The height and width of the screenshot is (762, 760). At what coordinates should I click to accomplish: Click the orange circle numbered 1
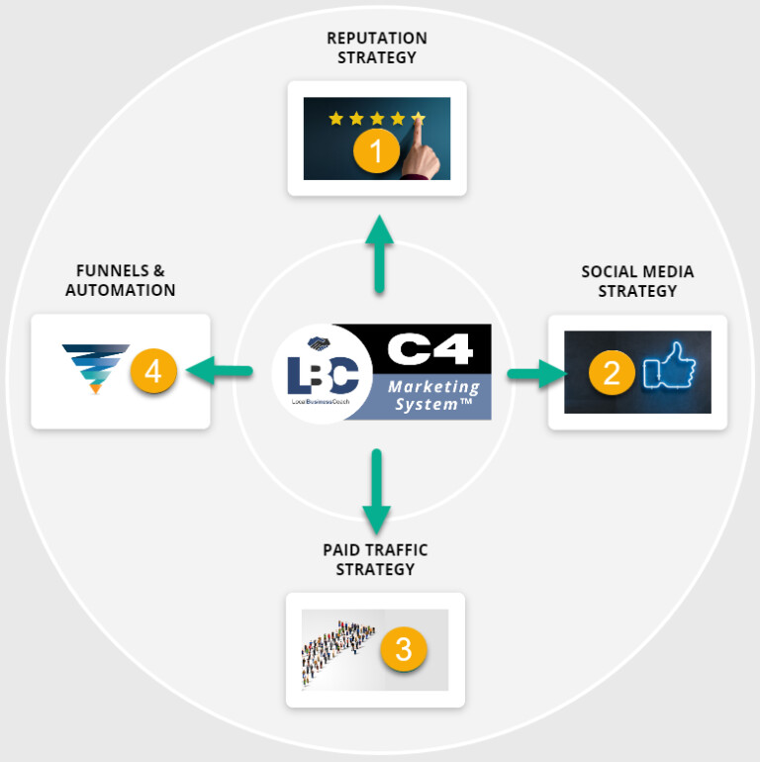point(376,151)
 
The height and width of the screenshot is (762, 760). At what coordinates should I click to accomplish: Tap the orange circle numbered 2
point(612,372)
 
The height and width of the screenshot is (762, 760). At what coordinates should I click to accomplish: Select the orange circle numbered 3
point(403,649)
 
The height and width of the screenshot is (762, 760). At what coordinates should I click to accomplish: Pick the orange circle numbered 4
point(152,372)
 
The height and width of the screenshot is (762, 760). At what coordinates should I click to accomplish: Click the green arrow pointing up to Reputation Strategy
point(378,255)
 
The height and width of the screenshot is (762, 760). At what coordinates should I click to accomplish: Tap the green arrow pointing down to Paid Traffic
point(376,491)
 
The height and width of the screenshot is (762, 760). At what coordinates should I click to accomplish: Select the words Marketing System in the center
point(433,396)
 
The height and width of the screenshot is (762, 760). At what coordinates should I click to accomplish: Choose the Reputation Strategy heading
point(377,48)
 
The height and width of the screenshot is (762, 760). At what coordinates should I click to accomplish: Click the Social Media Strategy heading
point(637,281)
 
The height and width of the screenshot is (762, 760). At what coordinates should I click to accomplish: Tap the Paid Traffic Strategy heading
point(375,559)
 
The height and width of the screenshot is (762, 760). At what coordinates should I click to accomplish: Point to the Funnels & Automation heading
point(121,279)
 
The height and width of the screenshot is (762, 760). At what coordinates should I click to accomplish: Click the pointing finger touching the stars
point(420,139)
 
